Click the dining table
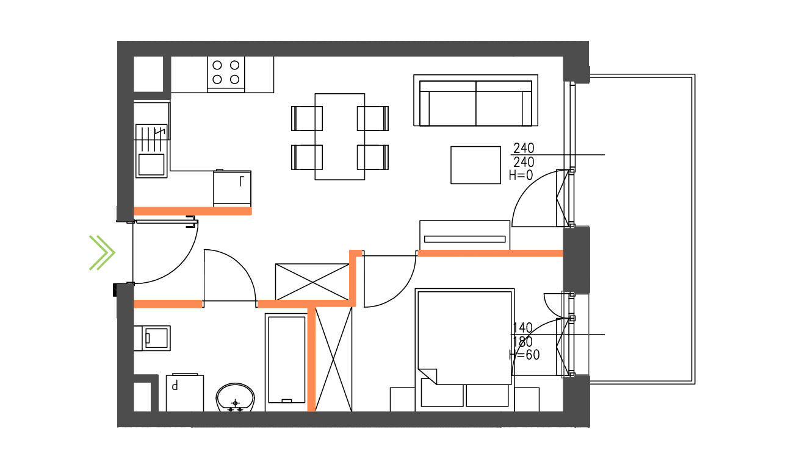coord(339,136)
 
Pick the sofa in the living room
coord(475,100)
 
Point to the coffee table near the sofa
coord(475,165)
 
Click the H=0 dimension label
coord(521,175)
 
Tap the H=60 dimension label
coord(524,355)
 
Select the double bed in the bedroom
coord(464,350)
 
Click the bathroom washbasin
coord(236,397)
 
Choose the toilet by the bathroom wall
coord(152,338)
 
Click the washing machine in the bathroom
coord(185,393)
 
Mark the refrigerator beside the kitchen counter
coord(232,188)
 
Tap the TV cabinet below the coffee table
coord(464,235)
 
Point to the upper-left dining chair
coord(306,119)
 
